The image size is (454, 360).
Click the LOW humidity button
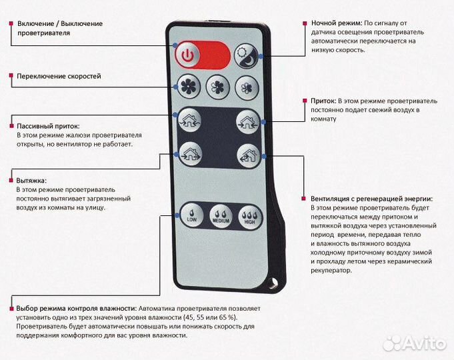click(191, 214)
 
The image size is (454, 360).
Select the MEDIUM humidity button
click(220, 214)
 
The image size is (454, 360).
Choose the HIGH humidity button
click(249, 214)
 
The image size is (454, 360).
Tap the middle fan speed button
click(218, 86)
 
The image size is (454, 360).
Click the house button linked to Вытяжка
click(189, 154)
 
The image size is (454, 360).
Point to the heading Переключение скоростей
click(59, 76)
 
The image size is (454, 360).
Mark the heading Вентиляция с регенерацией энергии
click(371, 199)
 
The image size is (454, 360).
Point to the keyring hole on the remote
click(271, 283)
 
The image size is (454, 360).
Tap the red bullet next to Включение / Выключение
click(11, 23)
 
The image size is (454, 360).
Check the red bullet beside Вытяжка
click(11, 180)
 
